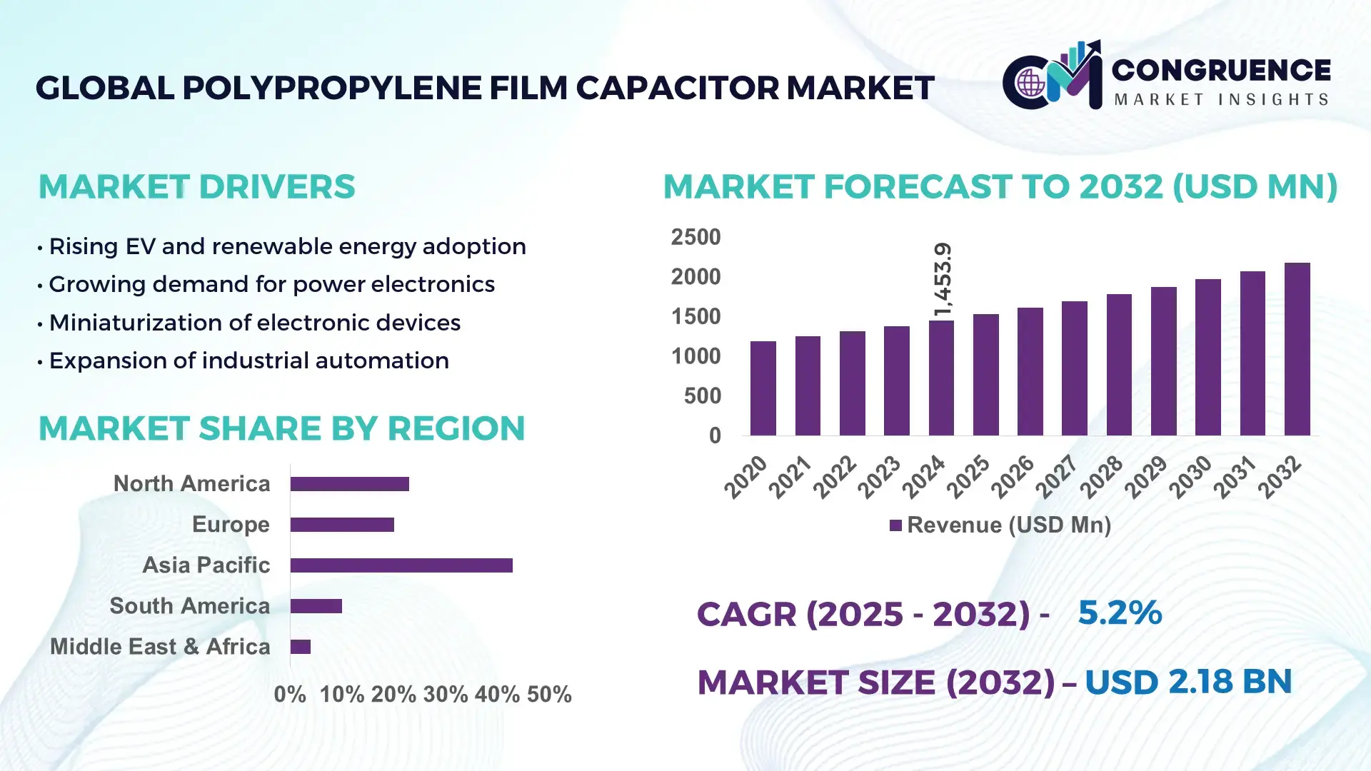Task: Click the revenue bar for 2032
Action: coord(1297,349)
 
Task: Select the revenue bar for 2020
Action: coord(763,388)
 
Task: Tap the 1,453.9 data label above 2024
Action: coord(943,280)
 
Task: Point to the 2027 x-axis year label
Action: coord(1057,476)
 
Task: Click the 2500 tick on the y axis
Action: coord(695,237)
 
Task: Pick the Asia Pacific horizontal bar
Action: coord(401,565)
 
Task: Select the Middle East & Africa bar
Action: coord(301,647)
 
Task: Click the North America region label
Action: coord(191,483)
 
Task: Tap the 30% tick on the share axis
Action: coord(445,694)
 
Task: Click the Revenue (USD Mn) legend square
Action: coord(895,525)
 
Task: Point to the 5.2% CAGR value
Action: coord(1119,613)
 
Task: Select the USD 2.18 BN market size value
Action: coord(1187,682)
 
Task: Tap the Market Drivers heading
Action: coord(196,187)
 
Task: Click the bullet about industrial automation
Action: coord(248,361)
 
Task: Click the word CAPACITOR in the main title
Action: coord(677,88)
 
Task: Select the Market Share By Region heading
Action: coord(281,428)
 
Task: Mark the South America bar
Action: coord(316,606)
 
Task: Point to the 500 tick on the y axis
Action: coord(702,395)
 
